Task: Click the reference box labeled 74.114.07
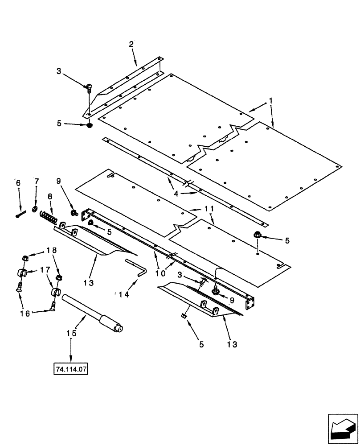pos(71,370)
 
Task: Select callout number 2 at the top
pos(131,44)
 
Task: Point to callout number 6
pos(18,183)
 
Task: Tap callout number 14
pos(122,295)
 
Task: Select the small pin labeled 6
pos(20,214)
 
